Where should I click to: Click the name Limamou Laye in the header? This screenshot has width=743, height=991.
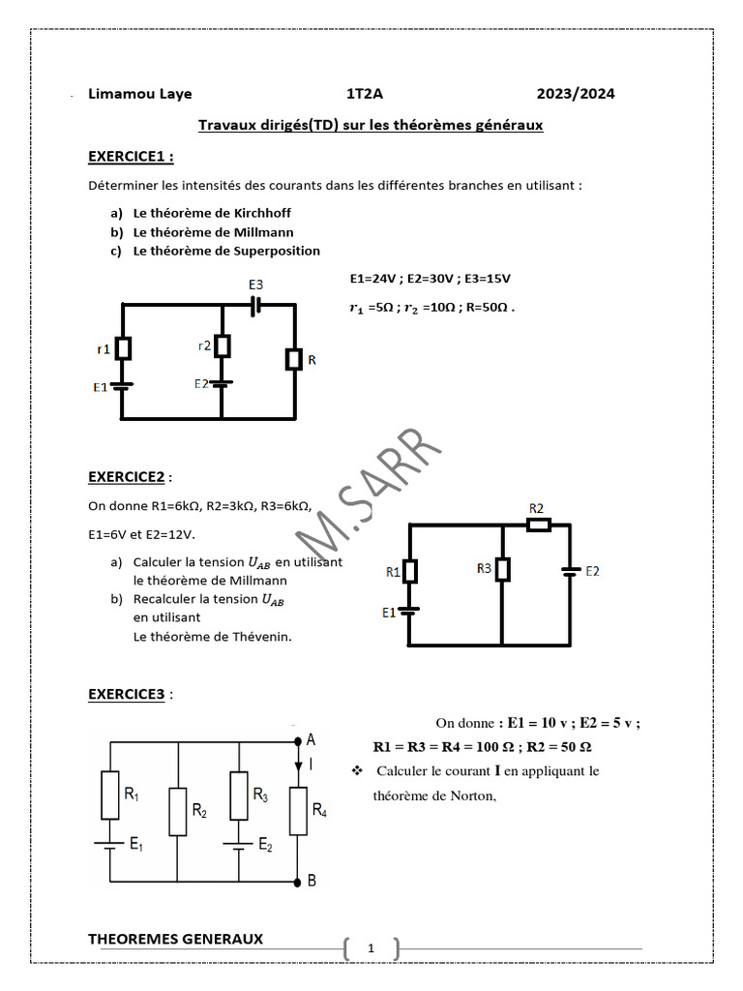coord(139,94)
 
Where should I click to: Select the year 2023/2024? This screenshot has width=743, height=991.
coord(576,94)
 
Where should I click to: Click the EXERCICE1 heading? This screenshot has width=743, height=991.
coord(131,156)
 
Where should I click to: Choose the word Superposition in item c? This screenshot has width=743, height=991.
coord(275,251)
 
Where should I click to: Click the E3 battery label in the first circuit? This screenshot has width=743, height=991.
coord(255,285)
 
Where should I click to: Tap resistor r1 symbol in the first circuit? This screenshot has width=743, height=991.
coord(124,346)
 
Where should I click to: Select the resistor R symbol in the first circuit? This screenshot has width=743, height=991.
coord(293,360)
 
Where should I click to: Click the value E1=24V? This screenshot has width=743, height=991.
coord(371,279)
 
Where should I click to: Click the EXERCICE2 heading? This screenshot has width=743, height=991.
coord(127,476)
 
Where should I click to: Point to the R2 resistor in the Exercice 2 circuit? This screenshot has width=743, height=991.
coord(538,525)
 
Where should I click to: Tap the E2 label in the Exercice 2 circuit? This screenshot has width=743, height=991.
coord(591,571)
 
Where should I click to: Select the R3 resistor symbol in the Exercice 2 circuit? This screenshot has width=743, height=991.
coord(502,570)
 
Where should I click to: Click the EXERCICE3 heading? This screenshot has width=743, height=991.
coord(127,694)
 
